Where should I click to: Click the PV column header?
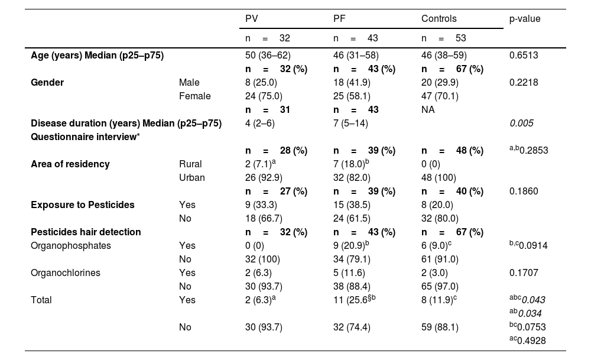(251, 19)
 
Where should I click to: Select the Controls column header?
(439, 19)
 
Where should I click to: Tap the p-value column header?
(525, 19)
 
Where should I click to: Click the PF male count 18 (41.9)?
(353, 82)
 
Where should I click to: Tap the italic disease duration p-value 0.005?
(521, 123)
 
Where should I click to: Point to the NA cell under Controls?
(428, 109)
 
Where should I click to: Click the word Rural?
(190, 164)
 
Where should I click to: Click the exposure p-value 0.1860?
(524, 191)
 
